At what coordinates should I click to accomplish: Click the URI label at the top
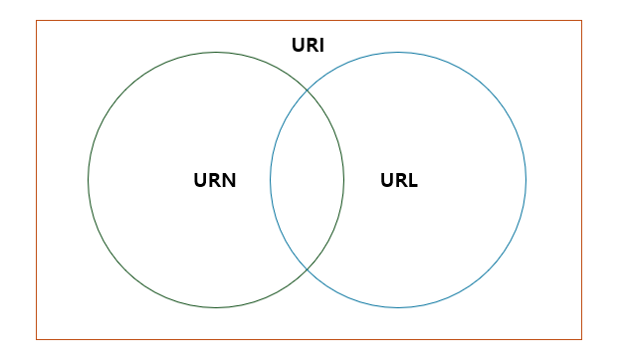[308, 45]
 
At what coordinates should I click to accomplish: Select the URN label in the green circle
[214, 181]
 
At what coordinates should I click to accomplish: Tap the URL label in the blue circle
[399, 181]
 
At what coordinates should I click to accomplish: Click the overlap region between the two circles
[307, 180]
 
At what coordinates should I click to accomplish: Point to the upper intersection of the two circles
[307, 90]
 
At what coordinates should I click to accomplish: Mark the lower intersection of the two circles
[307, 270]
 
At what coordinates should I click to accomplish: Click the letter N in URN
[228, 181]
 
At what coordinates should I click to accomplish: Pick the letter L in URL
[412, 181]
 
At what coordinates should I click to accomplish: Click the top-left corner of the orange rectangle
[37, 21]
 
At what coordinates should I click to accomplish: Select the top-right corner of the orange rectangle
[581, 21]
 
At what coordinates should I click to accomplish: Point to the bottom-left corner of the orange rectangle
[37, 339]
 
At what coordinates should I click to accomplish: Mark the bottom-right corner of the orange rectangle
[581, 339]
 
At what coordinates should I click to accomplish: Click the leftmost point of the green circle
[89, 180]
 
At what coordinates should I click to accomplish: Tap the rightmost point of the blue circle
[525, 180]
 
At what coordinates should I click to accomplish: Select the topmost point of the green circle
[216, 53]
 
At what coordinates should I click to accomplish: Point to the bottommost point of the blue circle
[398, 307]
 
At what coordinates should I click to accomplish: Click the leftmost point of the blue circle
[271, 180]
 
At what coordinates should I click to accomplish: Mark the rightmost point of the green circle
[343, 180]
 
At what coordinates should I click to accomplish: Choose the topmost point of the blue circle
[398, 53]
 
